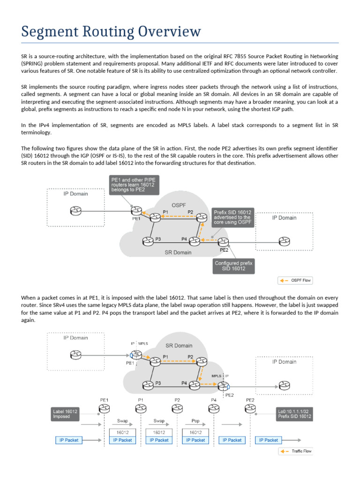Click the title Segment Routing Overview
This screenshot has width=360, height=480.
click(x=112, y=32)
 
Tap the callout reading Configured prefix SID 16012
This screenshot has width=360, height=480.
click(x=233, y=266)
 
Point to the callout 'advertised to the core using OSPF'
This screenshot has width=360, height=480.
click(x=233, y=217)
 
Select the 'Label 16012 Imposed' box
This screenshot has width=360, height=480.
click(x=66, y=413)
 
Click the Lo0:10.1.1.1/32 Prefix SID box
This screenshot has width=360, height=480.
click(x=294, y=413)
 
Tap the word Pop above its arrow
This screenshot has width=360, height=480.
click(x=195, y=421)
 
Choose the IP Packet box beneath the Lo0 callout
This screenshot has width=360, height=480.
click(x=269, y=440)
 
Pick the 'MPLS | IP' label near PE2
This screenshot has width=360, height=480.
click(x=220, y=376)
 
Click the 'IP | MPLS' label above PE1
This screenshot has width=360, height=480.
click(x=139, y=344)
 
